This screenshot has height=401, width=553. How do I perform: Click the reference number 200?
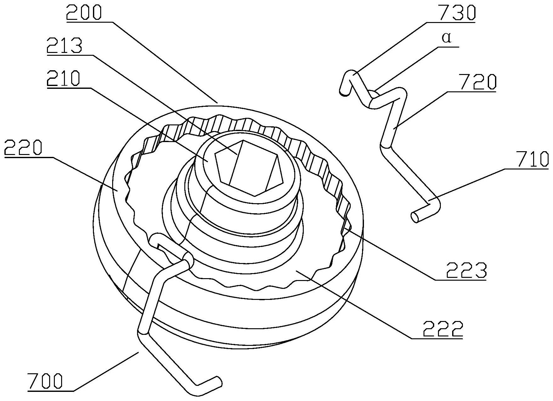[x=84, y=12]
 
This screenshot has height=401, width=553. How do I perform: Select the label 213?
[x=64, y=46]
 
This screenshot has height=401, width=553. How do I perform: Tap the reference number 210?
[x=63, y=79]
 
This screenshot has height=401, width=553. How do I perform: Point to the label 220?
[x=23, y=148]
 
